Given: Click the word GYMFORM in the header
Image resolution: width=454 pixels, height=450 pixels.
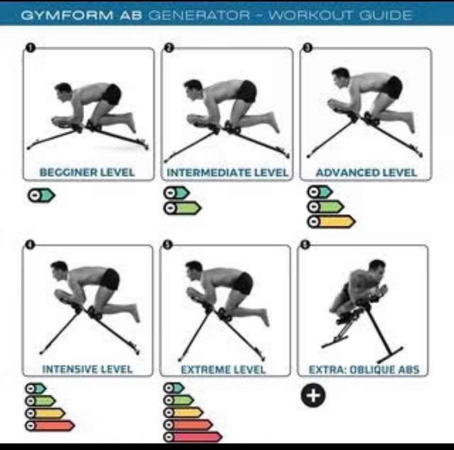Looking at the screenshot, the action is click(67, 15).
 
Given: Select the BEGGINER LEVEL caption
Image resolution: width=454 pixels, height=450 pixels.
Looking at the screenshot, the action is click(87, 172).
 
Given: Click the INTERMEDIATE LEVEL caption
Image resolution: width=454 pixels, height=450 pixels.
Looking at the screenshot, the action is click(227, 173).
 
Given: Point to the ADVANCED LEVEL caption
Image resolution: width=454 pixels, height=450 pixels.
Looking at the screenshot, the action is click(366, 173).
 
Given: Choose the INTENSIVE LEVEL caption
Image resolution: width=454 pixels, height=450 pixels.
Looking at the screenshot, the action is click(87, 369).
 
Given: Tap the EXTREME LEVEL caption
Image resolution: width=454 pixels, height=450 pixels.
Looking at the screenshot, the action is click(223, 369).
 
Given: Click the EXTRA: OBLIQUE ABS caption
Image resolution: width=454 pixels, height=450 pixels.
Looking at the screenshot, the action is click(364, 369).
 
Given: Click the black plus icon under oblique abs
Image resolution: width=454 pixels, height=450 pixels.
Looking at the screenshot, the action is click(313, 395).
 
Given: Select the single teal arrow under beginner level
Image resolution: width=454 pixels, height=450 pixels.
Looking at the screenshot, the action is click(41, 195).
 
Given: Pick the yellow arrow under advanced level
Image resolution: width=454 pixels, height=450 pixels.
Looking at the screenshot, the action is click(331, 222).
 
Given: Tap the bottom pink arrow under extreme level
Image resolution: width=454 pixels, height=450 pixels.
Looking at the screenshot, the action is click(193, 437).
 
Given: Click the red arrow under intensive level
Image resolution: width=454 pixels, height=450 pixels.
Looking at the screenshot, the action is click(50, 426).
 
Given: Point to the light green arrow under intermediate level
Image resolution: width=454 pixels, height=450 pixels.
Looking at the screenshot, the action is click(182, 208).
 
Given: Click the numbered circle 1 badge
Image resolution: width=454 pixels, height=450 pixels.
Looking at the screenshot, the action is click(30, 47).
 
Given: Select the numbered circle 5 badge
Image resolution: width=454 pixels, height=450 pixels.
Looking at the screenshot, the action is click(168, 245).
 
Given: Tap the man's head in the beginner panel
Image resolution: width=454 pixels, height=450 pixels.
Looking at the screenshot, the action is click(63, 91).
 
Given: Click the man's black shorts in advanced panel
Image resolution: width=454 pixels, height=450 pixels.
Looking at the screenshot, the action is click(393, 87).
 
